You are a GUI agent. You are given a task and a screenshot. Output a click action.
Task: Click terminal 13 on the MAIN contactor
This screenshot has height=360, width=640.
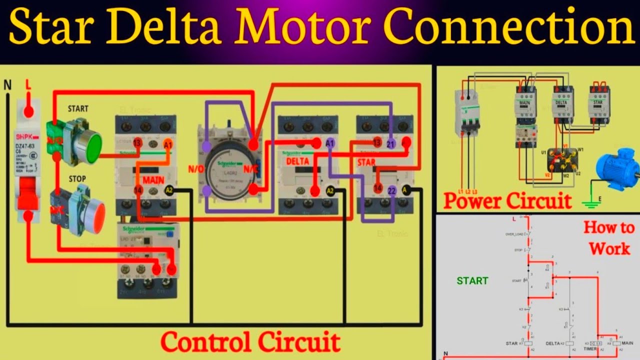137,144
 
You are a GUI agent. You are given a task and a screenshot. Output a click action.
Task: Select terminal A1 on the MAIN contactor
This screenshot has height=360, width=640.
168,144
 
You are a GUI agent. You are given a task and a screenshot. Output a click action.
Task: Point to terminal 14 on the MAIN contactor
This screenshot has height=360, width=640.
138,190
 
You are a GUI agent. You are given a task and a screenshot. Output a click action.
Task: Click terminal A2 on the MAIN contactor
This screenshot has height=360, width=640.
169,190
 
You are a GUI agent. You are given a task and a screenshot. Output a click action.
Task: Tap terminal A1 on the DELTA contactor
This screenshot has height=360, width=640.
330,143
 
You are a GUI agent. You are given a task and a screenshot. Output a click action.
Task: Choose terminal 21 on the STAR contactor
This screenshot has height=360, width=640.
391,144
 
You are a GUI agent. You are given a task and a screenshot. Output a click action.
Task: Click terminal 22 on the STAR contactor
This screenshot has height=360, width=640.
392,190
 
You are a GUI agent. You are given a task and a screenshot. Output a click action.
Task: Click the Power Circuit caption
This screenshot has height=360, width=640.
507,201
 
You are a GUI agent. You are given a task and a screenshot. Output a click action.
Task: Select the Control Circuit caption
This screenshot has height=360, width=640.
250,343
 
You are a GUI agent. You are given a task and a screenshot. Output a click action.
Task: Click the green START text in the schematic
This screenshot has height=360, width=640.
472,281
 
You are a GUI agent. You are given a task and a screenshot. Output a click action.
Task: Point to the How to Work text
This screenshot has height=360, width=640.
608,238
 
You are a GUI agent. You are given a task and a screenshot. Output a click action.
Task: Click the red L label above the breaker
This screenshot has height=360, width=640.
28,86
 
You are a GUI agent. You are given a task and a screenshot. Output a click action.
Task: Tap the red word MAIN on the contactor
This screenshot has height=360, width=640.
153,179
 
